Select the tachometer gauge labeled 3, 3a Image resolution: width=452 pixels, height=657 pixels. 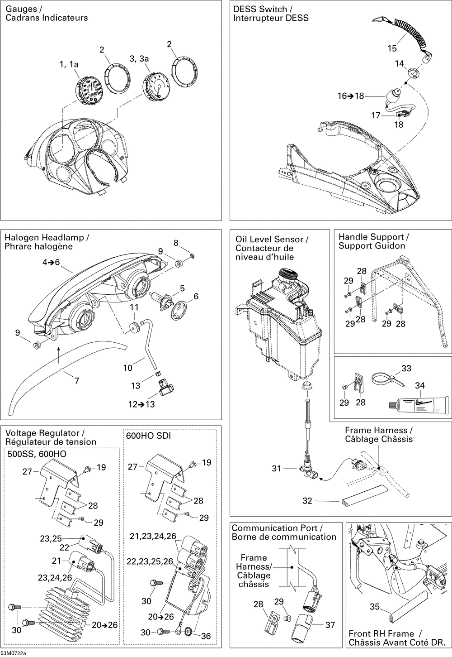click(x=155, y=86)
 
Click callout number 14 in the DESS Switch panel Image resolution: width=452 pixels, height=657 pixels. click(x=399, y=64)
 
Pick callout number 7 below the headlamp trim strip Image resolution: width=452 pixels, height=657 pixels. click(x=77, y=381)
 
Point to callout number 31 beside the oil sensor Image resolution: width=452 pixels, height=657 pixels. click(x=277, y=468)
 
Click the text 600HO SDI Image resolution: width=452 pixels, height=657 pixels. click(x=148, y=436)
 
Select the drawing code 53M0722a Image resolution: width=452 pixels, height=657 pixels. click(x=13, y=653)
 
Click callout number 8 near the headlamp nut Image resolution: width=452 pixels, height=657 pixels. click(x=176, y=243)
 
